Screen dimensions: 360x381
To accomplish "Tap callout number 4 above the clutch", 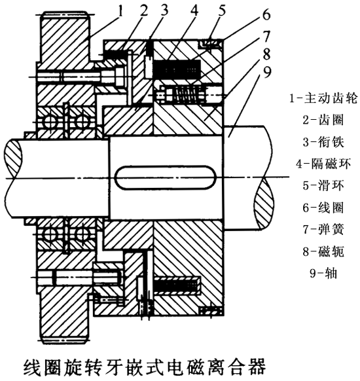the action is pyautogui.click(x=194, y=10).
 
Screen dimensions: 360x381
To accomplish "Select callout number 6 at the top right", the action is pyautogui.click(x=266, y=14).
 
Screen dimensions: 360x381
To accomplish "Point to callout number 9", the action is pyautogui.click(x=267, y=73).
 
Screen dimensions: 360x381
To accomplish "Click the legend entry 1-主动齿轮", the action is pyautogui.click(x=323, y=98).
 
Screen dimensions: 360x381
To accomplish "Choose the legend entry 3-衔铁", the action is pyautogui.click(x=323, y=141).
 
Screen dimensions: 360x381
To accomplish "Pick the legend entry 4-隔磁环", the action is pyautogui.click(x=323, y=164).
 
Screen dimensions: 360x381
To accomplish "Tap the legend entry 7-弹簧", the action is pyautogui.click(x=323, y=229).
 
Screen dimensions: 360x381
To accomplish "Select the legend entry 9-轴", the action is pyautogui.click(x=323, y=273).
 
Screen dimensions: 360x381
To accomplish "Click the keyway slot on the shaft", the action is pyautogui.click(x=166, y=177).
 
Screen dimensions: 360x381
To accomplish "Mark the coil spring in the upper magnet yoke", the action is pyautogui.click(x=187, y=94).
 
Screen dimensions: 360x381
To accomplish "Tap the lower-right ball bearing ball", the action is pyautogui.click(x=82, y=235).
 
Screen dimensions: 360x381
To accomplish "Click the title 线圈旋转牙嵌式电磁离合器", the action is pyautogui.click(x=145, y=368).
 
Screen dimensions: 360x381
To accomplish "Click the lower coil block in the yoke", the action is pyautogui.click(x=177, y=286).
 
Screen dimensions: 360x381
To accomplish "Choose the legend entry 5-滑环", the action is pyautogui.click(x=323, y=185).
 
